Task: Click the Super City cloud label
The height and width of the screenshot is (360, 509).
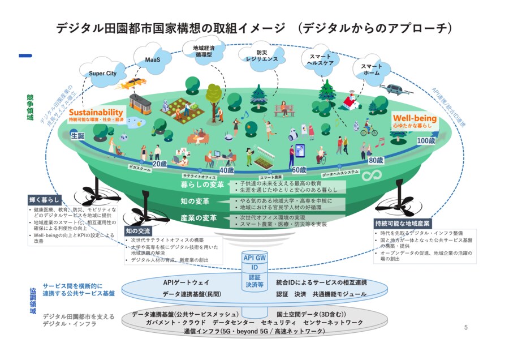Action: tap(102, 73)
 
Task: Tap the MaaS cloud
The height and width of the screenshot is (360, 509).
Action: tap(153, 59)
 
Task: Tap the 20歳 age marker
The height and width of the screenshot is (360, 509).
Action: tap(160, 164)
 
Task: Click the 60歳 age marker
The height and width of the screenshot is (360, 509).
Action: tap(299, 169)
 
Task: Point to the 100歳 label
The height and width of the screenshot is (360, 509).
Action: tap(425, 140)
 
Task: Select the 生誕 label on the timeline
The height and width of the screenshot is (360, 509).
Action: tap(77, 136)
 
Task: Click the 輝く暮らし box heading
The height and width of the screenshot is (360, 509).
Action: tap(45, 199)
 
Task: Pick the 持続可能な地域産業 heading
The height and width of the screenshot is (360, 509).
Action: tap(403, 223)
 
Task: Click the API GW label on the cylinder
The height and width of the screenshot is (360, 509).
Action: tap(255, 258)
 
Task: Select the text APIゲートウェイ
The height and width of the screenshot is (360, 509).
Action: tap(186, 282)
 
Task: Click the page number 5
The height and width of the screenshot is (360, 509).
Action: tap(465, 327)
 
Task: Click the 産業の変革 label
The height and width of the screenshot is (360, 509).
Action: tap(199, 218)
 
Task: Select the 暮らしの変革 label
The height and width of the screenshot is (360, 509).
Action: tap(202, 185)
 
